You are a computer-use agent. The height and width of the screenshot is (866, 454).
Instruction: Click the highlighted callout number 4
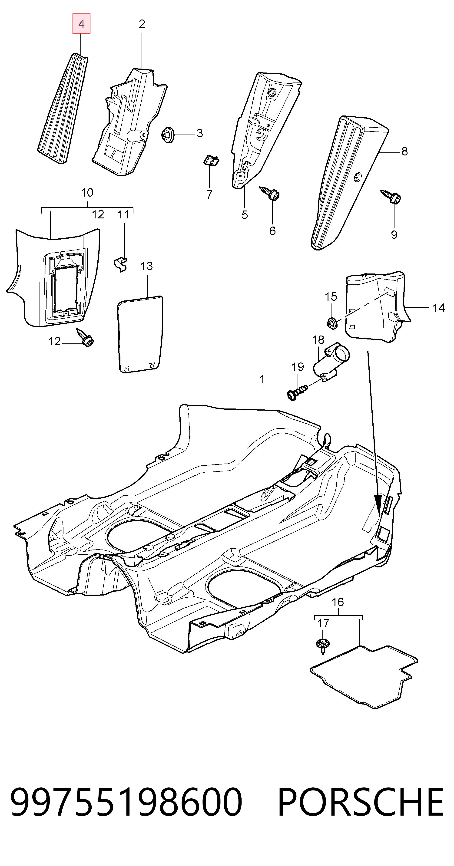81,24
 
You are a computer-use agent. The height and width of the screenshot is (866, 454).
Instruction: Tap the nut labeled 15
332,323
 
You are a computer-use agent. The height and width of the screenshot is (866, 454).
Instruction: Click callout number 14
438,308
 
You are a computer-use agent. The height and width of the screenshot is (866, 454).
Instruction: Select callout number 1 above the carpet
262,379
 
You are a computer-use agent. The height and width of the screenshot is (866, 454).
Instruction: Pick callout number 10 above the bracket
87,193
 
